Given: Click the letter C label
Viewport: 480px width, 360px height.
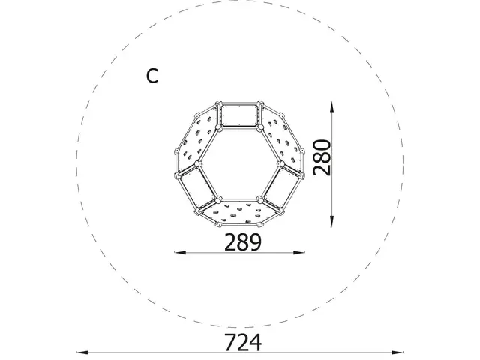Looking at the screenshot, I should (x=153, y=76).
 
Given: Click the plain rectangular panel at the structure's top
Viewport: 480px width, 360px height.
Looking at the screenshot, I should (x=239, y=116).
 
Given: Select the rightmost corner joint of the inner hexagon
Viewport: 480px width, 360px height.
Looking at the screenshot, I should (x=281, y=163).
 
